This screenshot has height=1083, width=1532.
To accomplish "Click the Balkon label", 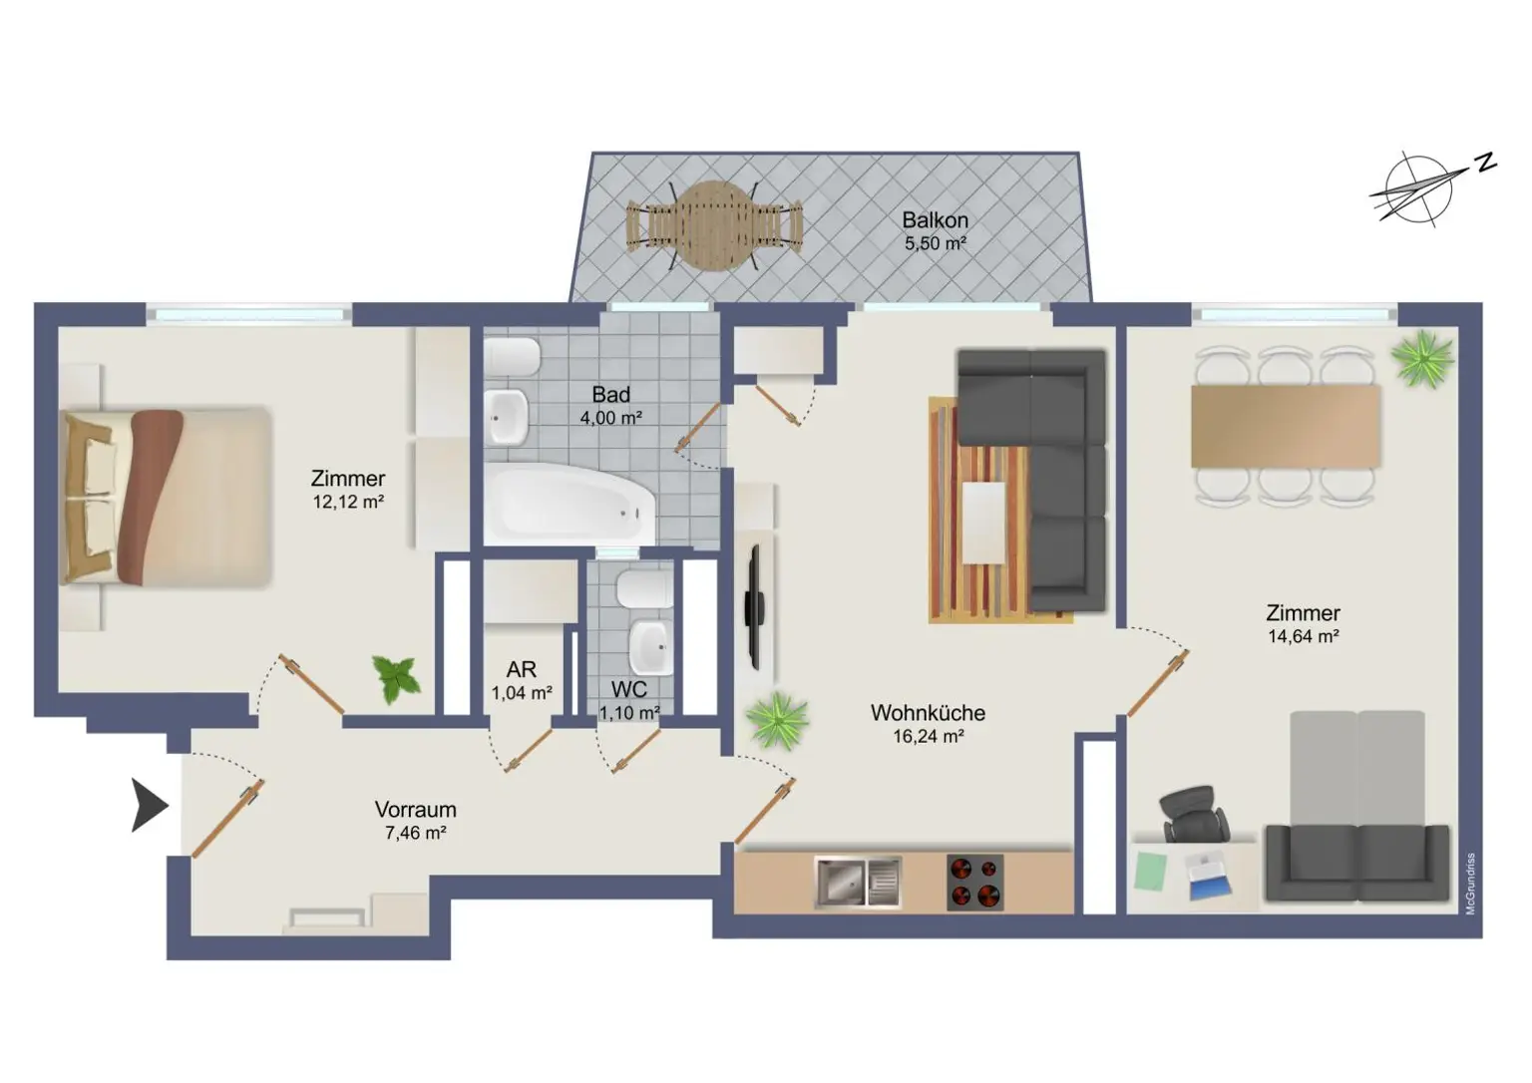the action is pyautogui.click(x=935, y=220).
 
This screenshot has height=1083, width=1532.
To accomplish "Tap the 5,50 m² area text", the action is pyautogui.click(x=935, y=243).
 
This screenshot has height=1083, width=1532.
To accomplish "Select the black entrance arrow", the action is pyautogui.click(x=149, y=806).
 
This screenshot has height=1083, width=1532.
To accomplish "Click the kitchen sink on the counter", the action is pyautogui.click(x=858, y=883).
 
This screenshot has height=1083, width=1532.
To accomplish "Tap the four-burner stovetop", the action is pyautogui.click(x=975, y=883).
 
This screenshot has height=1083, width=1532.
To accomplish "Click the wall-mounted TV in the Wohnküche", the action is pyautogui.click(x=754, y=607).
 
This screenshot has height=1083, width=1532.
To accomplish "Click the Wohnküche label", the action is pyautogui.click(x=929, y=713).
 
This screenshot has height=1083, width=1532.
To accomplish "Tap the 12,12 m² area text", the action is pyautogui.click(x=348, y=502).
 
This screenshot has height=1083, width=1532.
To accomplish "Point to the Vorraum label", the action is pyautogui.click(x=415, y=810).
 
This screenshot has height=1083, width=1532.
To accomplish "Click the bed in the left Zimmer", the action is pyautogui.click(x=166, y=497).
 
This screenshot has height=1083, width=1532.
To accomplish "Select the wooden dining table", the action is pyautogui.click(x=1286, y=427).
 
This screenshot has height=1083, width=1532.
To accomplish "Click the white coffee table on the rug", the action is pyautogui.click(x=983, y=524).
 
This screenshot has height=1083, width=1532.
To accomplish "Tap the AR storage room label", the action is pyautogui.click(x=522, y=669).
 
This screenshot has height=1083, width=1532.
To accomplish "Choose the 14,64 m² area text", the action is pyautogui.click(x=1303, y=636).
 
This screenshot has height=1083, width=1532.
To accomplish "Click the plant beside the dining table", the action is pyautogui.click(x=1423, y=358).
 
